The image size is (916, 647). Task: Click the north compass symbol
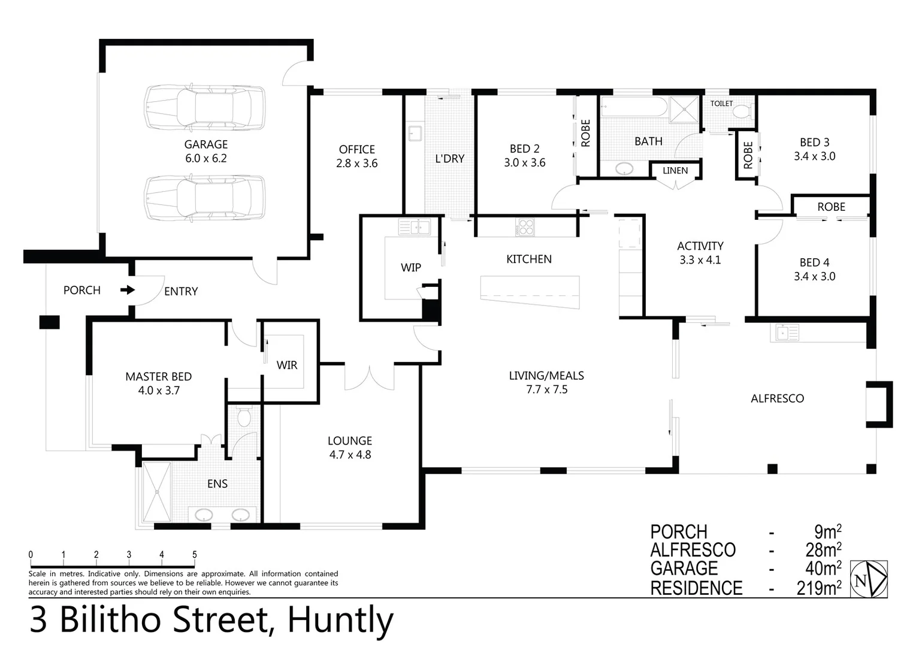tap(869, 579)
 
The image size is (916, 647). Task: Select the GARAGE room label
tap(205, 144)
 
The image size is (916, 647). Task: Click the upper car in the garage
tap(204, 108)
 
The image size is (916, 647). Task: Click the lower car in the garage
tap(204, 197)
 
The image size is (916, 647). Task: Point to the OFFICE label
tap(356, 149)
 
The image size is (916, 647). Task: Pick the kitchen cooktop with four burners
tap(525, 228)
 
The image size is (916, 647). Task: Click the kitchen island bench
tap(530, 291)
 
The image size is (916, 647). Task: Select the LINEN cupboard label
tap(675, 171)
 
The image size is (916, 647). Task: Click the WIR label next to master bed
tap(286, 365)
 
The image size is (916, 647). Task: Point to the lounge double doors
tap(369, 377)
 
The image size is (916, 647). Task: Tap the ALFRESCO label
tap(777, 398)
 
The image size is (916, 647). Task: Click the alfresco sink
tap(785, 332)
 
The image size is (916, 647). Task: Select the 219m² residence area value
tap(818, 588)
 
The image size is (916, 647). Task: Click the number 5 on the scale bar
tap(194, 555)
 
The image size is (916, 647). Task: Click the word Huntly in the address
tap(340, 620)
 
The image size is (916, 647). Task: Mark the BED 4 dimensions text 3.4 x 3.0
tap(814, 276)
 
